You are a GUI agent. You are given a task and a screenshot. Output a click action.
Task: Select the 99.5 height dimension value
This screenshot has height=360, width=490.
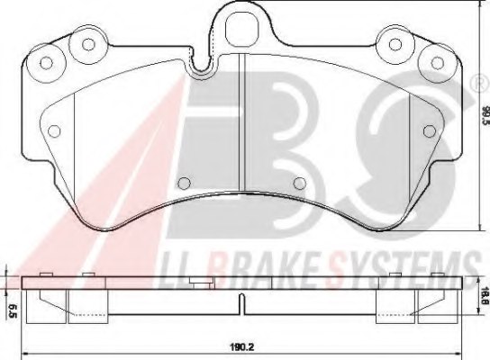coord(484,115)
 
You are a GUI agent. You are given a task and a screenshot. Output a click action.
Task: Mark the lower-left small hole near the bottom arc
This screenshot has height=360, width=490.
coord(185,184)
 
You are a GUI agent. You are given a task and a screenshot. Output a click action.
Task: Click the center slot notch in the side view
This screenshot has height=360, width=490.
coord(240,303)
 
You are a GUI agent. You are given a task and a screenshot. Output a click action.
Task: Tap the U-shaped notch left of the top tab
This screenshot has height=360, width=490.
coord(200,63)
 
